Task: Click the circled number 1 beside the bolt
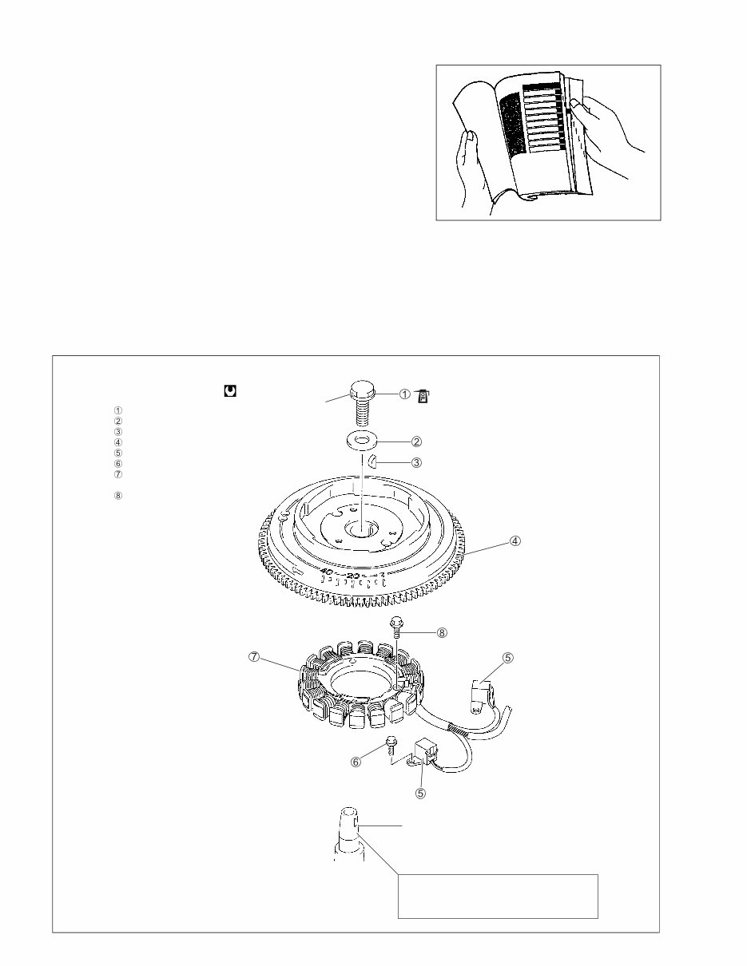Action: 404,393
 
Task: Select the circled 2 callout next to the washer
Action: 417,441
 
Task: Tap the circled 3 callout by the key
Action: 416,461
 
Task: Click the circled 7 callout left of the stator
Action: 253,657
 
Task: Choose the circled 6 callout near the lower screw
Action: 356,761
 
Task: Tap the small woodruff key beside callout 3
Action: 373,459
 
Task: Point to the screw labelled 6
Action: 389,745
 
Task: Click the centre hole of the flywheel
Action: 361,529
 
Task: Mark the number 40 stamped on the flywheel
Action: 327,572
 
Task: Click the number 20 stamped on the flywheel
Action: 353,575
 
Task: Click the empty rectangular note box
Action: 498,896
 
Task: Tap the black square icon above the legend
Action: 229,391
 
